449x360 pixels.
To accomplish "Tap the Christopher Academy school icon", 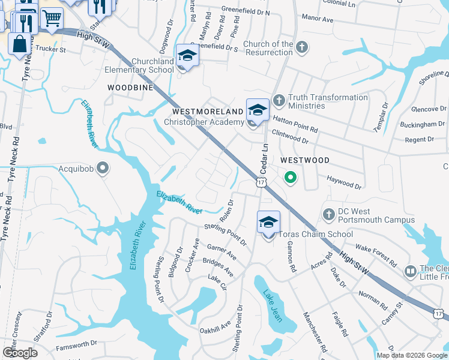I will point(258,110).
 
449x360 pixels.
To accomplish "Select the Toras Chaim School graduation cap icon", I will point(268,223).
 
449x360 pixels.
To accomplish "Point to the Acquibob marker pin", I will point(103,168).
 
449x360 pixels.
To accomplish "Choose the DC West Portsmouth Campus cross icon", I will point(328,214).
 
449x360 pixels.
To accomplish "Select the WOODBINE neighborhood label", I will point(130,87).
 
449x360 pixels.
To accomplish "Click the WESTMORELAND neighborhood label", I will point(207,112).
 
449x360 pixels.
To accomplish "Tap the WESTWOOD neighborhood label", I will point(305,160).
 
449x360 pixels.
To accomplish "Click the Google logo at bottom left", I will point(20,353).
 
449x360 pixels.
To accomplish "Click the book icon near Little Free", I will point(411,272).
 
